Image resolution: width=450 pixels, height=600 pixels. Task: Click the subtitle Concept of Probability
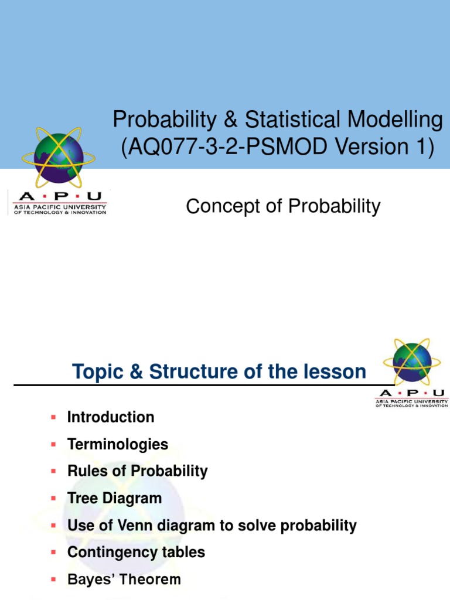pyautogui.click(x=283, y=206)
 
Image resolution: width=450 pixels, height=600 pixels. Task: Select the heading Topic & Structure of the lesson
pyautogui.click(x=219, y=371)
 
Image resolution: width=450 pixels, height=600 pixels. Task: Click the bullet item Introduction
pyautogui.click(x=111, y=417)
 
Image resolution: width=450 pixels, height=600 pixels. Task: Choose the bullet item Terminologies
pyautogui.click(x=118, y=444)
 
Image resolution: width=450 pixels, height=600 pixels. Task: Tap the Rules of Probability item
pyautogui.click(x=138, y=471)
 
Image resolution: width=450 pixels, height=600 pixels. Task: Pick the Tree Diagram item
pyautogui.click(x=115, y=498)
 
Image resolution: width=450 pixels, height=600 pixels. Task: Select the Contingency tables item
pyautogui.click(x=137, y=553)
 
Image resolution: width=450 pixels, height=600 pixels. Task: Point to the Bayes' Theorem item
pyautogui.click(x=124, y=579)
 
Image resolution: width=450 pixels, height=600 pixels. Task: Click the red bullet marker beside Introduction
pyautogui.click(x=53, y=417)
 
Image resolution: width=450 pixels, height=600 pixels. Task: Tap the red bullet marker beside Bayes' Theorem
pyautogui.click(x=53, y=579)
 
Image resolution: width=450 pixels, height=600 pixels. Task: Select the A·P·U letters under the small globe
pyautogui.click(x=411, y=393)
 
